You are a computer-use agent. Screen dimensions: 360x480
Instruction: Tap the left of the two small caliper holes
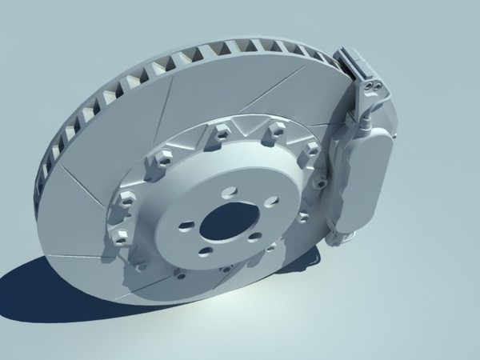(370, 82)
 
